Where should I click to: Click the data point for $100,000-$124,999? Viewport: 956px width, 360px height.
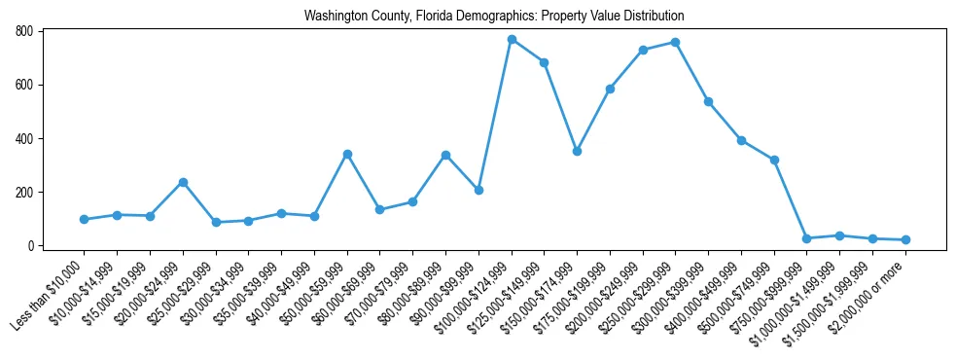click(512, 40)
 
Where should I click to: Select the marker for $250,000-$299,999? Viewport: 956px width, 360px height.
click(676, 42)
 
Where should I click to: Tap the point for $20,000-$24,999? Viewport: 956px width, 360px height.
click(183, 182)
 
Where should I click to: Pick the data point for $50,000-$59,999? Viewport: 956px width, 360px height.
click(347, 154)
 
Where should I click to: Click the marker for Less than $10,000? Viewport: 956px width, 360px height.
click(85, 219)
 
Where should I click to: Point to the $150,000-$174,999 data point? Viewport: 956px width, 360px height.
click(577, 151)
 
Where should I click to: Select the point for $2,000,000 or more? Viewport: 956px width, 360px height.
click(905, 239)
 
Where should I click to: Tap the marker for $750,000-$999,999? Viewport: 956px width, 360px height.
click(807, 238)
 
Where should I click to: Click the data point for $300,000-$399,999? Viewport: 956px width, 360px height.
click(708, 101)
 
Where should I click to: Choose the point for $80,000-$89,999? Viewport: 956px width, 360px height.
click(445, 155)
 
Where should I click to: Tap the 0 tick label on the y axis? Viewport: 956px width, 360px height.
click(30, 245)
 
